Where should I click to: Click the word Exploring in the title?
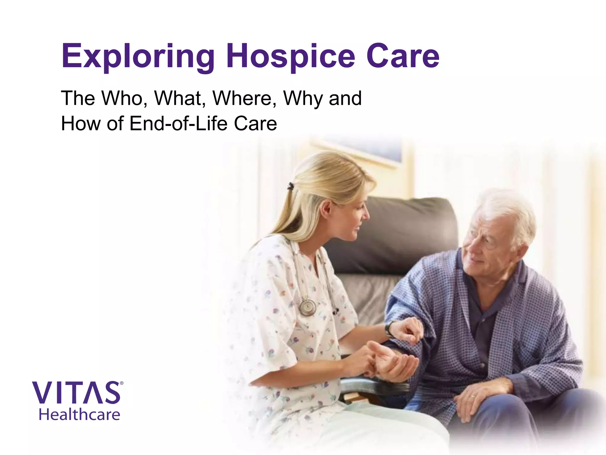pos(138,56)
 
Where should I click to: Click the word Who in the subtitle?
pos(124,98)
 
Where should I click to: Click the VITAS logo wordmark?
pos(76,393)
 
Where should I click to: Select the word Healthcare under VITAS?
pos(79,414)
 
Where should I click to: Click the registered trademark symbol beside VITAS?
pos(121,383)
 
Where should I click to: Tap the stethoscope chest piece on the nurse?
pos(307,307)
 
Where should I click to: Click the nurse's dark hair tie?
pos(291,186)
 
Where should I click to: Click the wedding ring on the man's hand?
pos(473,396)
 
